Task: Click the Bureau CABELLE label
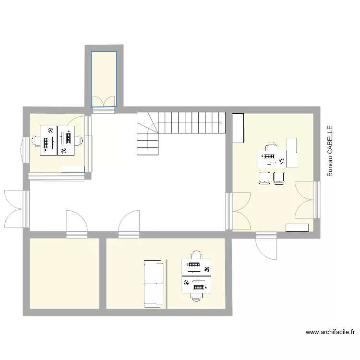pos(330,151)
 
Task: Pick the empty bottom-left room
pos(64,273)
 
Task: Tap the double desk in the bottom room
pos(196,276)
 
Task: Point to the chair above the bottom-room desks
pos(196,254)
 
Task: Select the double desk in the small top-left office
pos(58,140)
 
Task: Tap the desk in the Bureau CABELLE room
pos(272,157)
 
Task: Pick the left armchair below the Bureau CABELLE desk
pos(264,178)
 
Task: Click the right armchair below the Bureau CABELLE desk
pos(279,178)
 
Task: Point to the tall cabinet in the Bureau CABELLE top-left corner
pos(238,128)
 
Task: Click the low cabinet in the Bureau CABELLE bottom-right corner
pos(297,228)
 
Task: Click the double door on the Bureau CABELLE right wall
pos(306,200)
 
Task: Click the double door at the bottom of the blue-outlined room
pos(104,102)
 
